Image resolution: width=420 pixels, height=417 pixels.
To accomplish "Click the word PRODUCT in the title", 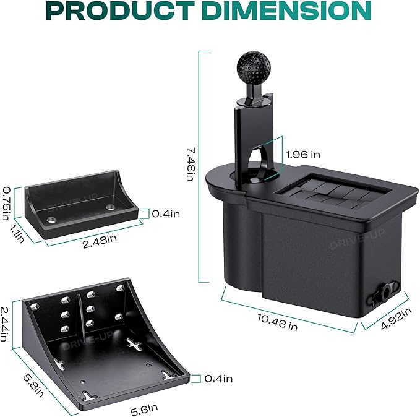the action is [x=120, y=11].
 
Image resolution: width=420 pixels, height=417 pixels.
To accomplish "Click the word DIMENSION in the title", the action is [x=286, y=11].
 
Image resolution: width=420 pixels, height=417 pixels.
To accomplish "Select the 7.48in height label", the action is [x=191, y=165].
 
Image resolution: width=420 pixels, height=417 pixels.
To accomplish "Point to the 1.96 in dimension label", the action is [x=303, y=155].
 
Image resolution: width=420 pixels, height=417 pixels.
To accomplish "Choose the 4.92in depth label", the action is [x=396, y=319].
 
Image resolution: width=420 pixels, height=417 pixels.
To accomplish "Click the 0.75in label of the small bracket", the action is [x=6, y=203].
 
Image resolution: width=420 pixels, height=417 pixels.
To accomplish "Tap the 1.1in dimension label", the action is [x=17, y=233].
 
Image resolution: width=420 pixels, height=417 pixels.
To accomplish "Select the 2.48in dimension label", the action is [x=100, y=241].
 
